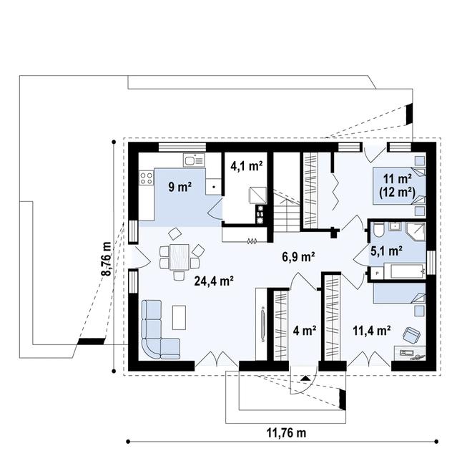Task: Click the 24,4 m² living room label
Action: point(215,281)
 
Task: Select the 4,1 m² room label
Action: point(246,165)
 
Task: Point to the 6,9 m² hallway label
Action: point(300,255)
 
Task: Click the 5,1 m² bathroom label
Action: point(385,251)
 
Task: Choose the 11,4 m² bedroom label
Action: point(371,330)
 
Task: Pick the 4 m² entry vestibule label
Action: point(305,331)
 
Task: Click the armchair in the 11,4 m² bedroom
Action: point(411,334)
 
